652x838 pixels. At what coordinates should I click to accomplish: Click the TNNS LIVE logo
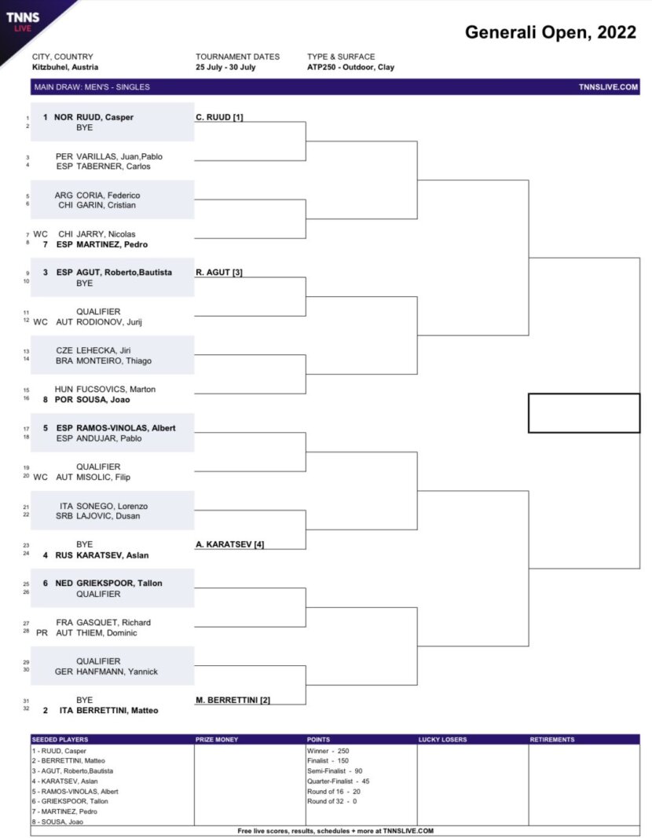(x=23, y=21)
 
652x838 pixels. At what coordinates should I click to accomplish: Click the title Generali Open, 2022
(x=551, y=32)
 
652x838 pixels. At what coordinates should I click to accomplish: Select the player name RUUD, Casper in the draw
(x=104, y=117)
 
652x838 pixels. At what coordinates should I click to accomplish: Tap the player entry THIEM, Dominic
(x=106, y=633)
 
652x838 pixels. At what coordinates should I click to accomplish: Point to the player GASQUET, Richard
(x=113, y=623)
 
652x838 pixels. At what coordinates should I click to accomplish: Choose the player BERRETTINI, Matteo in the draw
(x=117, y=710)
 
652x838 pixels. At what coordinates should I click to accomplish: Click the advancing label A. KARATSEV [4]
(x=230, y=544)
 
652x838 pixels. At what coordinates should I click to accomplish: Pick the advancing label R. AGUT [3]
(x=219, y=272)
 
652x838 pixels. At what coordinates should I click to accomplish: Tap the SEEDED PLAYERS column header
(x=60, y=740)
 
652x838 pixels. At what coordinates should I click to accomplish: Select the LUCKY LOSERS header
(x=442, y=740)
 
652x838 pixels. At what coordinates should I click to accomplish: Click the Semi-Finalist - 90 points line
(x=335, y=771)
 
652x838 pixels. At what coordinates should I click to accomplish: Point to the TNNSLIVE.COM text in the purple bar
(x=608, y=87)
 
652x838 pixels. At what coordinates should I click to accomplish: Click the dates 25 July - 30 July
(x=225, y=68)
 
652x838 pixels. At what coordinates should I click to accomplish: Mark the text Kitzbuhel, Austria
(x=65, y=68)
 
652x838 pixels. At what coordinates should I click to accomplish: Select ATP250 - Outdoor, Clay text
(x=350, y=68)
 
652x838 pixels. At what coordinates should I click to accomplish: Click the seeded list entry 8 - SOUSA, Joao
(x=57, y=822)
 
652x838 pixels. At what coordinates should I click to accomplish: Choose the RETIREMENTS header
(x=552, y=740)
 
